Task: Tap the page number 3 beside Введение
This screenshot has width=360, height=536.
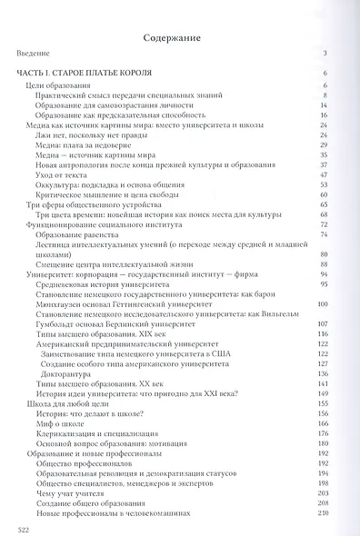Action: click(x=338, y=54)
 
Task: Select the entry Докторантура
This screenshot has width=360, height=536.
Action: click(x=78, y=358)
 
